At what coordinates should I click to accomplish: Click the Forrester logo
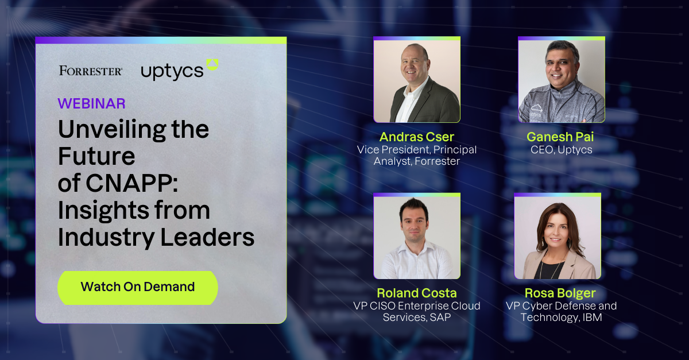tap(91, 71)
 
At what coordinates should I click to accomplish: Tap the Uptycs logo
tap(179, 70)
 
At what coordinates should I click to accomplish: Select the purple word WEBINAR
tap(91, 104)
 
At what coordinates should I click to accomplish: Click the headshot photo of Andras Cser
tap(417, 80)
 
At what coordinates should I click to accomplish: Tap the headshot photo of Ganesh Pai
tap(561, 80)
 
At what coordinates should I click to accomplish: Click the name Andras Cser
tap(416, 137)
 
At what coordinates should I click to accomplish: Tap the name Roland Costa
tap(417, 293)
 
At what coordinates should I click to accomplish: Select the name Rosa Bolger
tap(561, 293)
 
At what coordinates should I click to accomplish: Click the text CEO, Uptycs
tap(561, 150)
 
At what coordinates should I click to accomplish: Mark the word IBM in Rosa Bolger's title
tap(591, 317)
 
